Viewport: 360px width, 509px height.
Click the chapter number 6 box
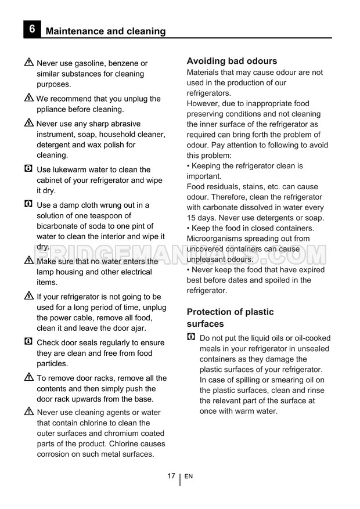click(32, 30)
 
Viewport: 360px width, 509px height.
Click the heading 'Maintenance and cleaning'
click(105, 31)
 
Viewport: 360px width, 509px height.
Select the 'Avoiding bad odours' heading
click(232, 61)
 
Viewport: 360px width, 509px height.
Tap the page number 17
click(171, 476)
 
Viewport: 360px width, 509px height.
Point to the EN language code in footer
click(189, 476)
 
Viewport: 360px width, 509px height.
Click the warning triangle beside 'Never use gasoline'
click(29, 63)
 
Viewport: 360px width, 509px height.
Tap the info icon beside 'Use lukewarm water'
click(28, 169)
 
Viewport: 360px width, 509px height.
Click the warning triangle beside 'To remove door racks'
click(29, 377)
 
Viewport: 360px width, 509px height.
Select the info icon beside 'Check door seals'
click(28, 342)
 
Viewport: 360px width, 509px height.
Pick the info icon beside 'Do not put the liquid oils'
click(192, 337)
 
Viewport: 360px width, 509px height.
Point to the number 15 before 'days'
click(192, 218)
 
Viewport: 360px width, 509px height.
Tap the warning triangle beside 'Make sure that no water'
click(29, 261)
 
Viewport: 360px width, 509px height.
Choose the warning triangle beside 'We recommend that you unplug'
click(29, 98)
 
